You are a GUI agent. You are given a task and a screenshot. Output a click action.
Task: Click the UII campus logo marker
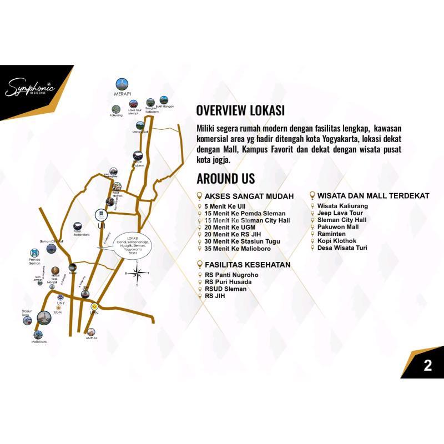coord(100,212)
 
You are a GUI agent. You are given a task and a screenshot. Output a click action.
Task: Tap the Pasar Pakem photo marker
coord(137,157)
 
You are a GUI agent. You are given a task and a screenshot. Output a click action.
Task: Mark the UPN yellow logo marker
coord(94,305)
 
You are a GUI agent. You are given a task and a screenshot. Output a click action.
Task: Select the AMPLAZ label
coord(92,337)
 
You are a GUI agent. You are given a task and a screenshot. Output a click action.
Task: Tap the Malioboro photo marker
coord(38,335)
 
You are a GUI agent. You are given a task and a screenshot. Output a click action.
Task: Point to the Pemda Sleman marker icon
coord(34,253)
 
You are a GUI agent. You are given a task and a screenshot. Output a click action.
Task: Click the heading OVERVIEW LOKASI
coord(240,109)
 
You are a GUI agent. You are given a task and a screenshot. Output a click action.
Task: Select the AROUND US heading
coord(226,178)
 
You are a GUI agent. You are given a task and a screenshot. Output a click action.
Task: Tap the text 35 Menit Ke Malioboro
coord(242,248)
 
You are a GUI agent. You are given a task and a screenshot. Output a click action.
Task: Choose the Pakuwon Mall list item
coord(337,227)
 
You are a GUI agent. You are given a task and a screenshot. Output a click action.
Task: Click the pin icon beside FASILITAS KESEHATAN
coord(200,265)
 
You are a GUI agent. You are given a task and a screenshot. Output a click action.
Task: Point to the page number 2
coord(427,366)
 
